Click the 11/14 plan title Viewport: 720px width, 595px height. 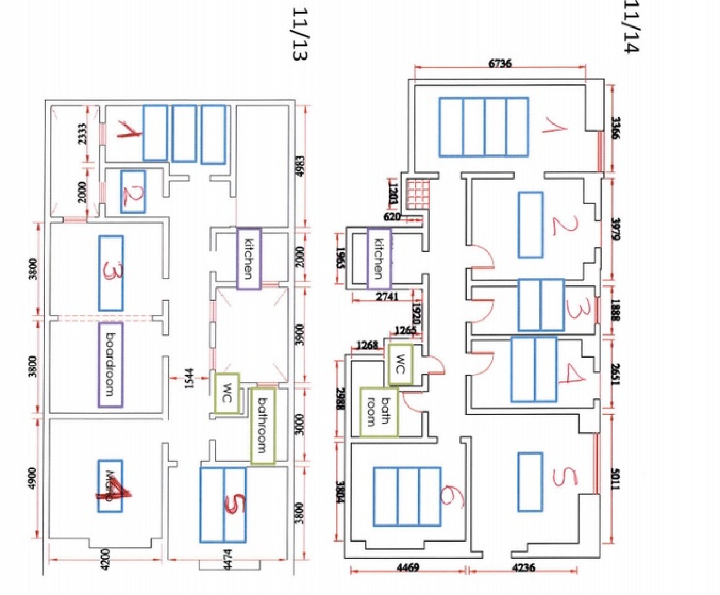(x=631, y=28)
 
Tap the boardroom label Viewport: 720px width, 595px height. (x=110, y=364)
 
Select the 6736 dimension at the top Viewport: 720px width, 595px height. (x=500, y=63)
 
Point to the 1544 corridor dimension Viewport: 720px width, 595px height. (x=189, y=378)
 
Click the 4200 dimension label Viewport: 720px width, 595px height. (x=105, y=560)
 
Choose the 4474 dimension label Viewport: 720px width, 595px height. (x=228, y=560)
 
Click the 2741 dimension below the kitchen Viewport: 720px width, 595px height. (x=387, y=296)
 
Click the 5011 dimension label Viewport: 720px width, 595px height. (x=615, y=479)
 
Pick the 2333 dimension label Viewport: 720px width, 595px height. (x=82, y=134)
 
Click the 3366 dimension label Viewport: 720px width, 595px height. (x=615, y=128)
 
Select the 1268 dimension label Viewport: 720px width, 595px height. (x=367, y=345)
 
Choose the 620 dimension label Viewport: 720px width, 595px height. (x=392, y=217)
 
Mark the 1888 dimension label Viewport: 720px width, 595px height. (x=615, y=310)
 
